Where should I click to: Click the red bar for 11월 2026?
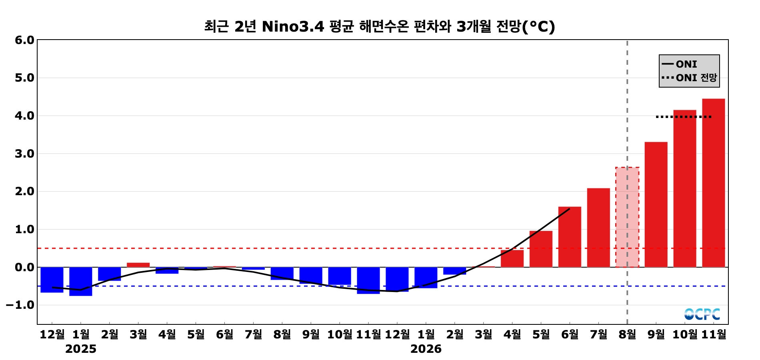point(713,183)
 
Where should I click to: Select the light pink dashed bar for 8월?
point(627,217)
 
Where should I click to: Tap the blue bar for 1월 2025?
point(81,281)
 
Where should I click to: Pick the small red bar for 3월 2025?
point(138,265)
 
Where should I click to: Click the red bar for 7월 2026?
point(598,228)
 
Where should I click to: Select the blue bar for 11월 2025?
point(368,280)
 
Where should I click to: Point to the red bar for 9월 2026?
point(656,204)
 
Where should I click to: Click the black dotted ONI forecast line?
point(684,117)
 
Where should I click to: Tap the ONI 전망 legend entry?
point(689,78)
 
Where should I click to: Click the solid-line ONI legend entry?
point(680,64)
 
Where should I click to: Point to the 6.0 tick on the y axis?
point(24,40)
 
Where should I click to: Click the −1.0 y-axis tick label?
point(20,305)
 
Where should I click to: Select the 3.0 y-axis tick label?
point(24,154)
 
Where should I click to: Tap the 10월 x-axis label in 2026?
point(685,334)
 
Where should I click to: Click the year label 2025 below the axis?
point(81,349)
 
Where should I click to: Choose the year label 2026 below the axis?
point(426,349)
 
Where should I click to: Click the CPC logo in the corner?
point(702,314)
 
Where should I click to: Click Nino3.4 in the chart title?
point(293,26)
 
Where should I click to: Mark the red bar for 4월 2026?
point(512,258)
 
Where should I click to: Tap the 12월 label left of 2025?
point(52,334)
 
